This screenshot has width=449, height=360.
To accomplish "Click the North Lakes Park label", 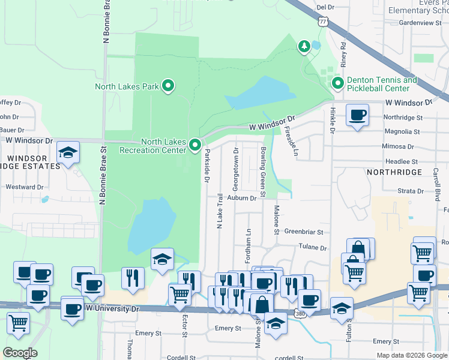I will point(127,86).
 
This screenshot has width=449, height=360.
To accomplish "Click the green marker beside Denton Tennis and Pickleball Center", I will point(337,83).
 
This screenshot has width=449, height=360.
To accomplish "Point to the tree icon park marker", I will point(304,46).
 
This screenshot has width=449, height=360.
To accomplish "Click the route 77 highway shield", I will point(324,21).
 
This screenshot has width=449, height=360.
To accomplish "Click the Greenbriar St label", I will point(304,232).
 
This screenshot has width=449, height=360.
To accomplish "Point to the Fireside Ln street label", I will point(291,141).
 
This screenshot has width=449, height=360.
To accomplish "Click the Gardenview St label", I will point(420,23).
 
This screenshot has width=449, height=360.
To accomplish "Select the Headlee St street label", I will point(402,162).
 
